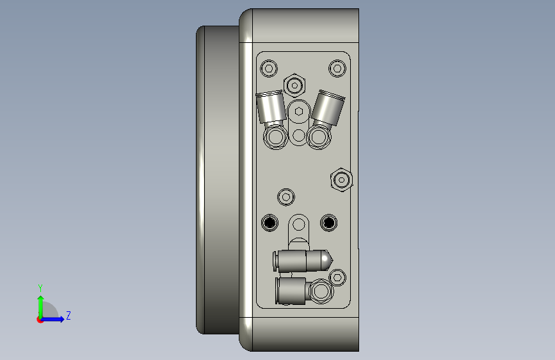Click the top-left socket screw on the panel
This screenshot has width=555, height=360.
coord(269,68)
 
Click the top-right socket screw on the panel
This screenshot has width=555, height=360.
coord(337,68)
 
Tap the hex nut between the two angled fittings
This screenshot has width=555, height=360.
coord(294,85)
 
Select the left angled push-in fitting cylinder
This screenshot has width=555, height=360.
coord(271,108)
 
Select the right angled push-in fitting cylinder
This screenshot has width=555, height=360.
coord(328,108)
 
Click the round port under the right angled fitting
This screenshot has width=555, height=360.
coord(319,136)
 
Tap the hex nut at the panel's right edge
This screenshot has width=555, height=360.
coord(341,180)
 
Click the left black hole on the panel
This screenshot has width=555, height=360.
coord(269,222)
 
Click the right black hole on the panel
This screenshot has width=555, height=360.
coord(328,222)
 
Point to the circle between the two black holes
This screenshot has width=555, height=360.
coord(298,225)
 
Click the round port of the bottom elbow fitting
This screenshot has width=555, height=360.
coord(321,291)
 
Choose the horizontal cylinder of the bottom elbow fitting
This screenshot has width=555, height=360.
coord(292,291)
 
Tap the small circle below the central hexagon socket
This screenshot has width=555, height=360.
coord(298,135)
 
